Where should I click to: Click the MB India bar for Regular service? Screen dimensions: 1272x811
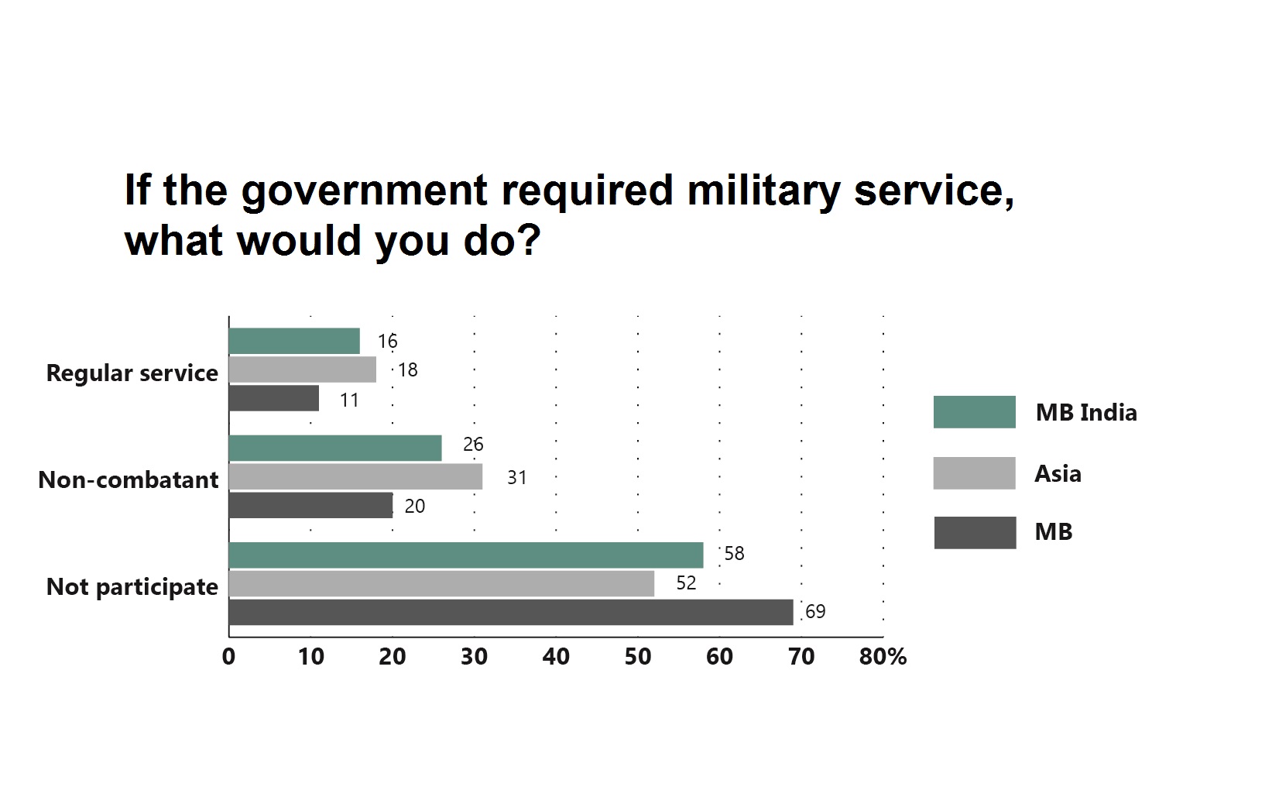(x=294, y=341)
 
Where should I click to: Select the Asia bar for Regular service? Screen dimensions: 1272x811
(x=303, y=369)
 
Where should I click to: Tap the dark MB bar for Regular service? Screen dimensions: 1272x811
(x=274, y=398)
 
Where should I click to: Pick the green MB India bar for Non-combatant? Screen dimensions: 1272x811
(x=335, y=448)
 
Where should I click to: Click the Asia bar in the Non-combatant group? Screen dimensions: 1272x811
(x=355, y=476)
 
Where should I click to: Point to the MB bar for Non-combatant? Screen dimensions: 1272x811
(x=310, y=505)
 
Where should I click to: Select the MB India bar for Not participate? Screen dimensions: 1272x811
(x=466, y=555)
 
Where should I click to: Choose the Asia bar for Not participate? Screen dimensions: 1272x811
(x=442, y=584)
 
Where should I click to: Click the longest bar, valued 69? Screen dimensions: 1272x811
(x=511, y=612)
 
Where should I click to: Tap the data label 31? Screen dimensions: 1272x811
(x=516, y=477)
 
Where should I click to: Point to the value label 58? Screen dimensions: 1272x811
(x=734, y=553)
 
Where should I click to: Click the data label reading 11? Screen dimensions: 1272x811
(x=349, y=400)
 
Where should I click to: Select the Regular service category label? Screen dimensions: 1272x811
(x=132, y=373)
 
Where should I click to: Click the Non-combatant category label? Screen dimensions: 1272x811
(x=129, y=479)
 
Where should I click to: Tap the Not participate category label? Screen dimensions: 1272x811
(x=132, y=587)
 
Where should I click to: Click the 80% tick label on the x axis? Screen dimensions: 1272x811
(x=883, y=656)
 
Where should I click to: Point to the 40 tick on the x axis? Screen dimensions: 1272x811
(x=556, y=656)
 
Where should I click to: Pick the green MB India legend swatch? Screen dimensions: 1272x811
(x=975, y=412)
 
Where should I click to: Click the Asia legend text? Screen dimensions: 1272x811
(x=1058, y=473)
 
